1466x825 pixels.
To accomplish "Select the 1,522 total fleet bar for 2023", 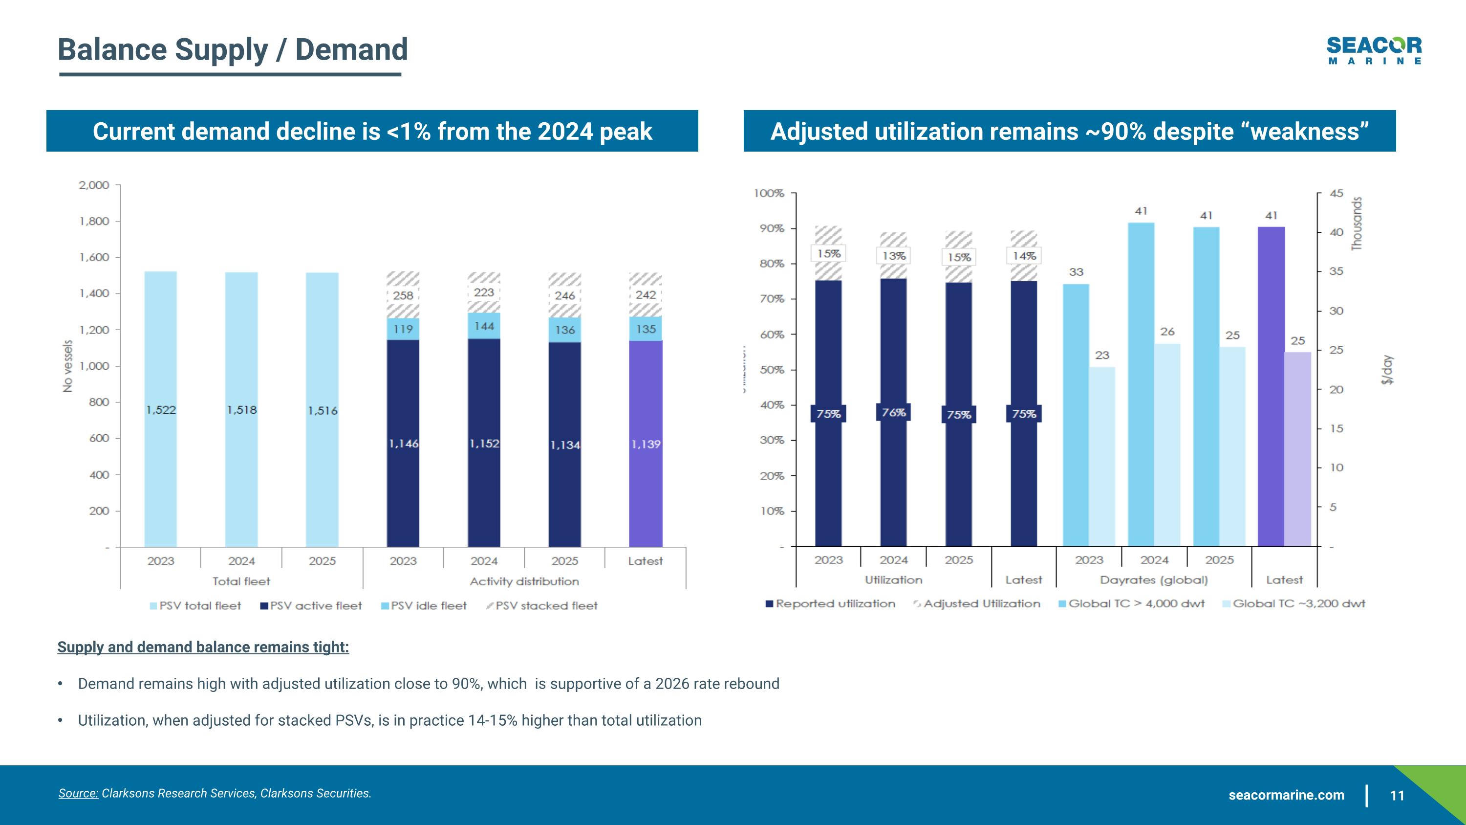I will [x=160, y=409].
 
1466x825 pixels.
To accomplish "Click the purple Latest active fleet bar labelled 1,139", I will [x=646, y=444].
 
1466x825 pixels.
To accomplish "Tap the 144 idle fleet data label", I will [x=484, y=326].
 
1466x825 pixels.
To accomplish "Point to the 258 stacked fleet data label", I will [x=403, y=295].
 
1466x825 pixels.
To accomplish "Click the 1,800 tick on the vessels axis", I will [x=94, y=222].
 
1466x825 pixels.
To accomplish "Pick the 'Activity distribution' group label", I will [x=524, y=581].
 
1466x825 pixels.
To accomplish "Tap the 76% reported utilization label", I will [x=893, y=412].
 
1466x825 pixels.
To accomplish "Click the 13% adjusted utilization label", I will [x=893, y=256].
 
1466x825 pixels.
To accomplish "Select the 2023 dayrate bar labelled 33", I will [x=1076, y=415].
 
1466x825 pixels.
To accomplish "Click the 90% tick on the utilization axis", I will [x=772, y=229].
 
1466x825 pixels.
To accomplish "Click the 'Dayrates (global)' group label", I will [x=1154, y=580].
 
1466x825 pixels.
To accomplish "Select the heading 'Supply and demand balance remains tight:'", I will [x=203, y=647].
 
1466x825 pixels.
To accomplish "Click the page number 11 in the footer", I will [x=1397, y=795].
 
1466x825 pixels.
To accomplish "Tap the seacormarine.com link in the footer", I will [x=1286, y=795].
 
